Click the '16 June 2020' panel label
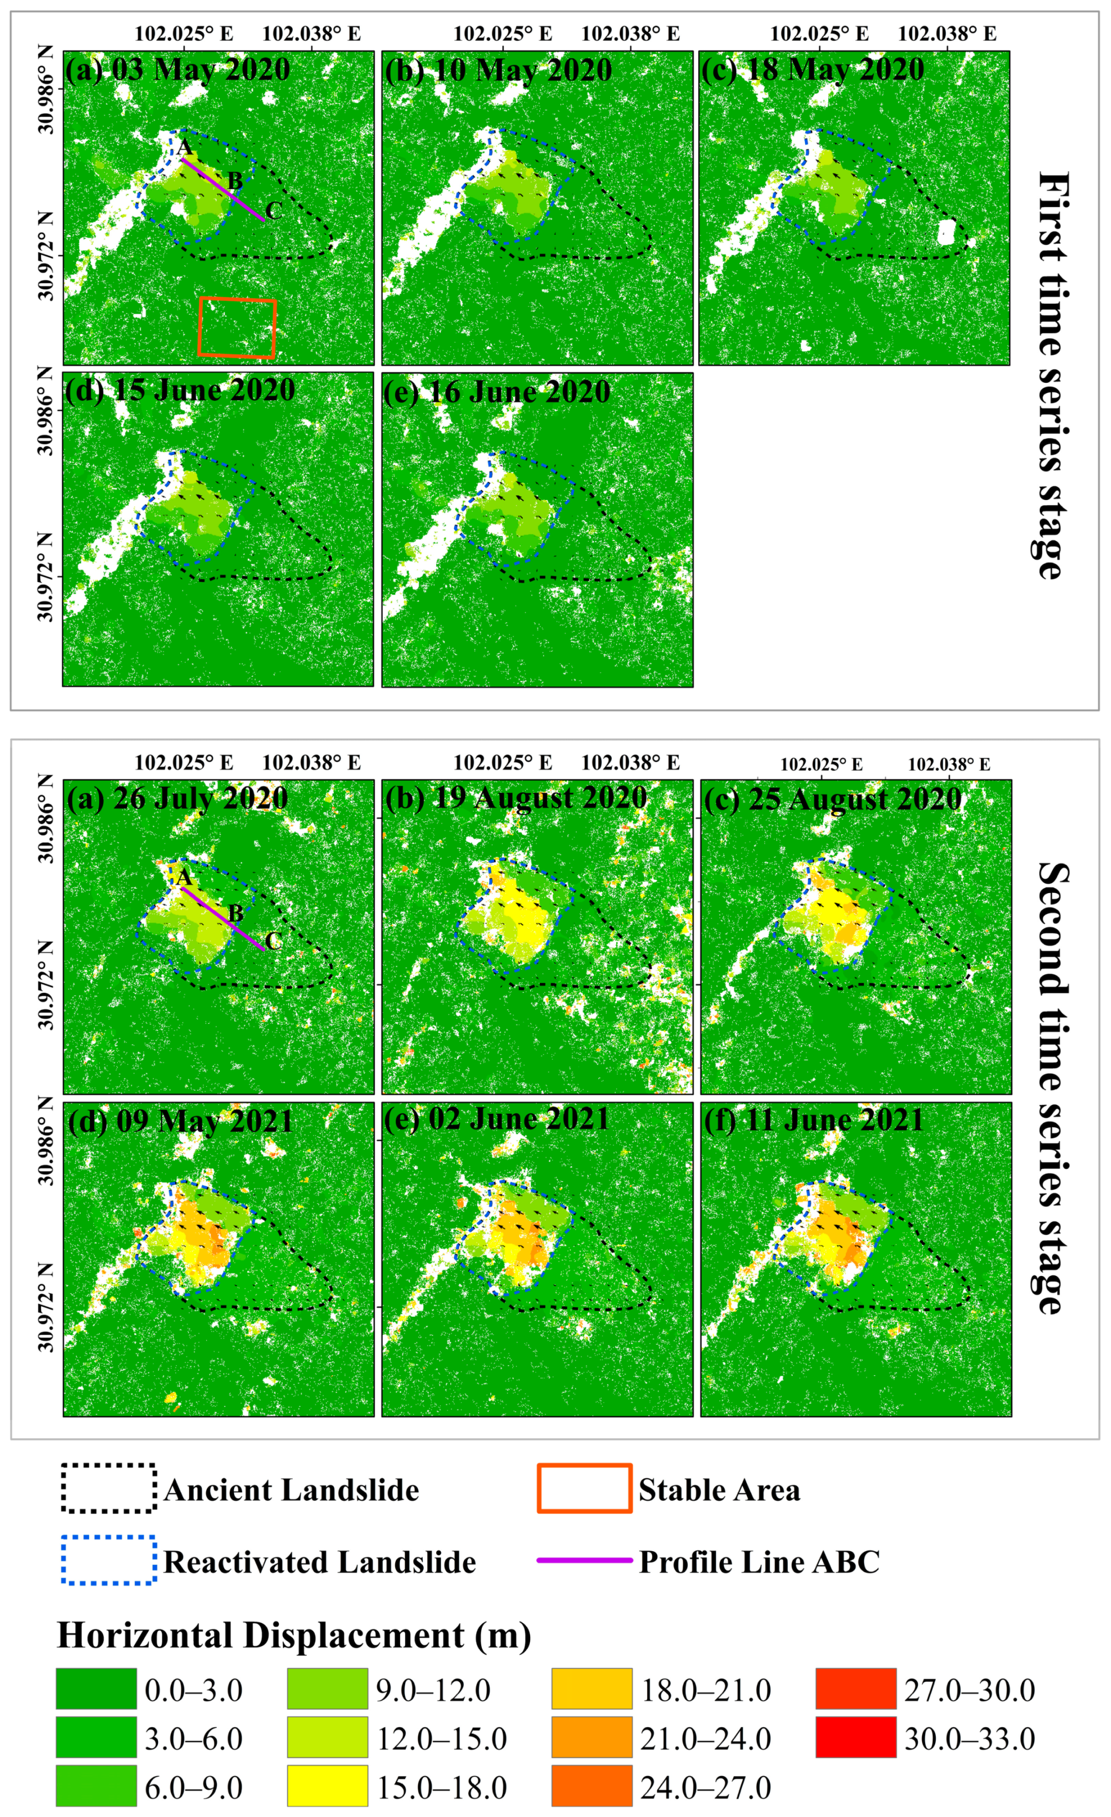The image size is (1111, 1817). click(497, 391)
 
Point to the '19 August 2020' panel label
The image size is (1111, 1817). click(515, 798)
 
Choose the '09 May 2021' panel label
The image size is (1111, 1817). click(181, 1121)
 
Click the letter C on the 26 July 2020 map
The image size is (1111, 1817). click(273, 941)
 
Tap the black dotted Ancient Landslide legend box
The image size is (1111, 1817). click(109, 1489)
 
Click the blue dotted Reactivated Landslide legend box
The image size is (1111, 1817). click(109, 1560)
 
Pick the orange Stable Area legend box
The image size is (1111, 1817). click(584, 1489)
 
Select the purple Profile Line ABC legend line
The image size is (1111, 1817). click(584, 1560)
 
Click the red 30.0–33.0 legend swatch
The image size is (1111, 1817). click(856, 1738)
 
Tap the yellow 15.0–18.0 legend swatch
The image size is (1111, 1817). click(327, 1787)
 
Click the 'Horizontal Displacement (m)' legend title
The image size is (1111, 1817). click(294, 1635)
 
